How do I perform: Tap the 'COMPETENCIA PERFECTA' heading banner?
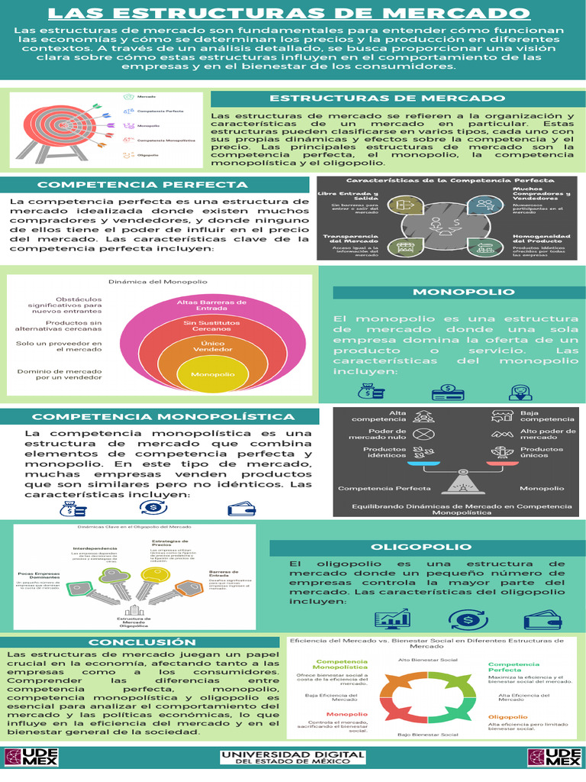click(143, 185)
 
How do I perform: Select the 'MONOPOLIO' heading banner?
click(453, 292)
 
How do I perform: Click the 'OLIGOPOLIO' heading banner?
click(421, 547)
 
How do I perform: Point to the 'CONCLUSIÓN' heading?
click(143, 642)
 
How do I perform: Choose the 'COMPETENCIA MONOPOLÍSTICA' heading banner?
click(163, 417)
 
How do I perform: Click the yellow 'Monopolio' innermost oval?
click(213, 375)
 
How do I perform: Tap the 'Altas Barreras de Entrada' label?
click(211, 305)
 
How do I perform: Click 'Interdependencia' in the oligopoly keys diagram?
click(95, 549)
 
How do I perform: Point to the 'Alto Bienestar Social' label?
click(428, 658)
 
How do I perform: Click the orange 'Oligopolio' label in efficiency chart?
click(508, 717)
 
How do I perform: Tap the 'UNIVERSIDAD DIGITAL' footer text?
click(293, 753)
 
